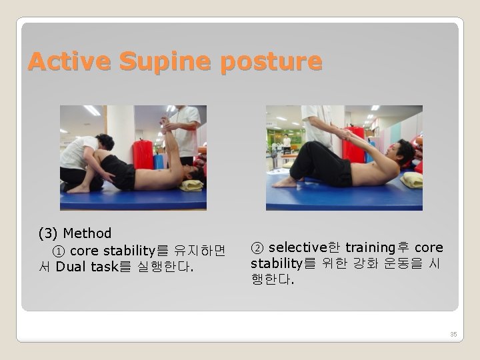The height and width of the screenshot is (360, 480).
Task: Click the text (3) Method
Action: [75, 233]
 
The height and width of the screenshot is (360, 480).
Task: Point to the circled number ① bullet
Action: [58, 251]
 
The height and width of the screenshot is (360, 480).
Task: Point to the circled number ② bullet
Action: [257, 248]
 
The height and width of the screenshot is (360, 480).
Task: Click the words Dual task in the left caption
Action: [86, 267]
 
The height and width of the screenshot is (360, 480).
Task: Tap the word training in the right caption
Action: [371, 248]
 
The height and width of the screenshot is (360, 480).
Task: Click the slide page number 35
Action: [453, 334]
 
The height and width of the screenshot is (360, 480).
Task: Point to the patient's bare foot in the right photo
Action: [287, 181]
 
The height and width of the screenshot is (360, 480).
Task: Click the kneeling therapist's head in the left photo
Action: [104, 142]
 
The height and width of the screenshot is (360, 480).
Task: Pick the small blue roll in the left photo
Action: [159, 161]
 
